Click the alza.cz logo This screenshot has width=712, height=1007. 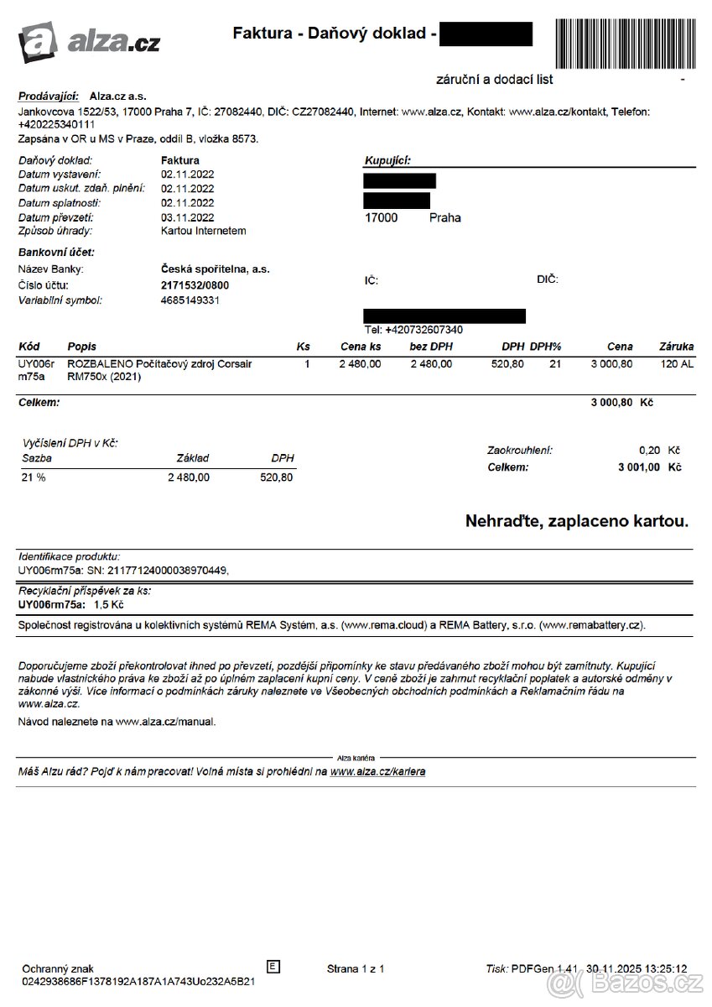pos(89,39)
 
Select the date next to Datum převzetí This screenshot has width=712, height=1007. pos(188,217)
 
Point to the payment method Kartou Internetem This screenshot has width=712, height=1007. pos(204,230)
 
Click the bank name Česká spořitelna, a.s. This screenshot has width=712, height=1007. pos(215,269)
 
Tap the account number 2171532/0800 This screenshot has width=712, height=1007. pos(195,285)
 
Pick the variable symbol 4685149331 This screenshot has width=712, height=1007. pos(190,300)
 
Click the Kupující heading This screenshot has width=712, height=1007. pos(387,160)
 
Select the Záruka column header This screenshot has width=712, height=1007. pos(676,347)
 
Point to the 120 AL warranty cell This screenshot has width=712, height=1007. pos(677,364)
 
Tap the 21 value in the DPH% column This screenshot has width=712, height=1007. pos(555,364)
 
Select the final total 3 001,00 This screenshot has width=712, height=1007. pos(638,467)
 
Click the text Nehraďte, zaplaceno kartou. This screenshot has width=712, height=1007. pos(576,521)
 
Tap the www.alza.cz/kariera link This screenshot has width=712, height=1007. pos(377,771)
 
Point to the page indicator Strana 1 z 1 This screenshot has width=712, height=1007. pos(356,969)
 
